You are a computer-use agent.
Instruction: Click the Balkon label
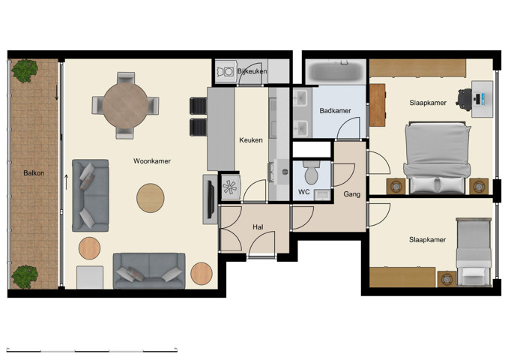[x=34, y=173]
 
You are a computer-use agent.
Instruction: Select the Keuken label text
[x=250, y=140]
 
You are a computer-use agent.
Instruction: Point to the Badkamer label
[x=335, y=111]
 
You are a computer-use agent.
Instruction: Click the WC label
[x=304, y=192]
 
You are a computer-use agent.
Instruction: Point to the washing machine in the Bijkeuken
[x=225, y=72]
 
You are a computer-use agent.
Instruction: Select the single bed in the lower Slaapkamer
[x=474, y=252]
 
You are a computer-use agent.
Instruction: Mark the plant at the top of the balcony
[x=25, y=71]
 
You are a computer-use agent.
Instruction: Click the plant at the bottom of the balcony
[x=25, y=276]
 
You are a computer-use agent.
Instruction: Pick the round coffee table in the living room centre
[x=151, y=198]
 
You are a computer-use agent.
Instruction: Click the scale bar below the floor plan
[x=92, y=349]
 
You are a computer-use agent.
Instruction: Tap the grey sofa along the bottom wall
[x=149, y=270]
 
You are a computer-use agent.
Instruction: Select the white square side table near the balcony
[x=90, y=277]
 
